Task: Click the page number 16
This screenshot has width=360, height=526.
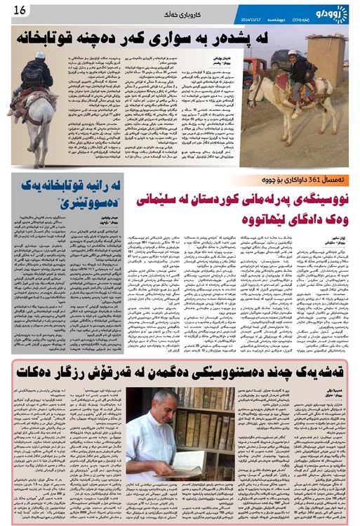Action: coord(18,10)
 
